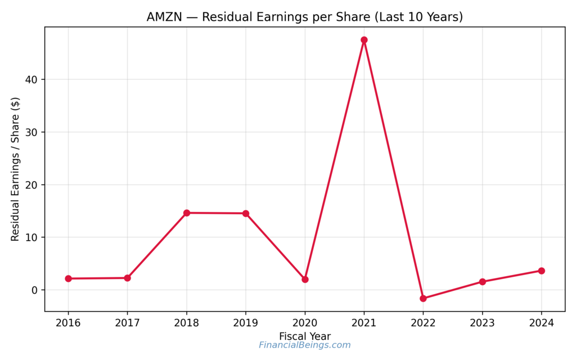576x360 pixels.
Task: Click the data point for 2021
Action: (364, 40)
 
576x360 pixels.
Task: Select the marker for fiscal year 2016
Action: (68, 278)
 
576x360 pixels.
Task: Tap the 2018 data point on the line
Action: (187, 213)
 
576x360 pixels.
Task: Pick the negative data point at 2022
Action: (423, 298)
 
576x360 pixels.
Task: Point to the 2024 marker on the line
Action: (541, 271)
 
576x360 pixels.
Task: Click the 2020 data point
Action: (305, 279)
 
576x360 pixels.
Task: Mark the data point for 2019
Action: (246, 213)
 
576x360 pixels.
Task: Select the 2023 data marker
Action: (482, 281)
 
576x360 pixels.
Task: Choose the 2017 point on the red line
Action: (128, 278)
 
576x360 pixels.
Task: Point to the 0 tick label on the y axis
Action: (35, 290)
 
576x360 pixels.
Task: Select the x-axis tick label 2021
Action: (364, 323)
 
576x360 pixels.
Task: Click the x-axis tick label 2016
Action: (68, 323)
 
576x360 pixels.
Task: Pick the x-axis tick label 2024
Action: (541, 323)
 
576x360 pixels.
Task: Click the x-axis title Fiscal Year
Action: (304, 336)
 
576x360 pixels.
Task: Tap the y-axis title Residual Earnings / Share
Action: (15, 169)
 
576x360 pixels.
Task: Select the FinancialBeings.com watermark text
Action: (304, 345)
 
